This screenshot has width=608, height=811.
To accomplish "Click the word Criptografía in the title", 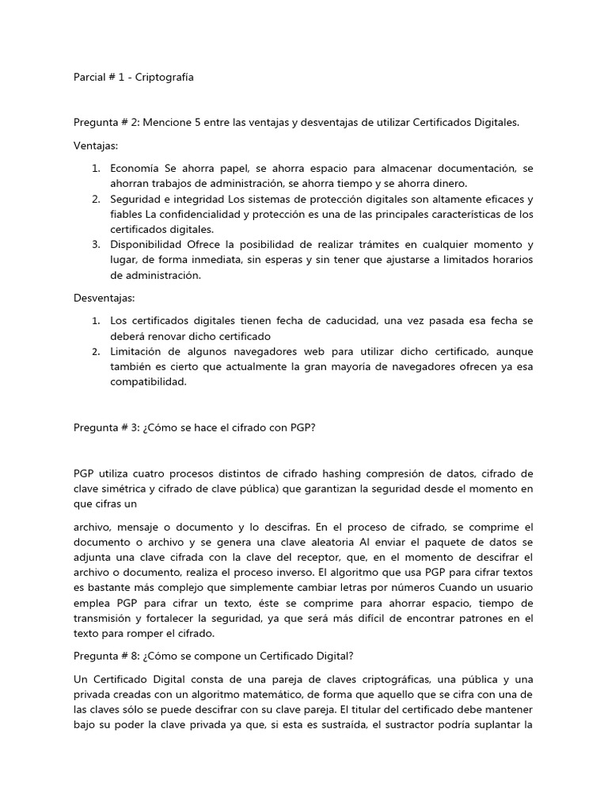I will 165,78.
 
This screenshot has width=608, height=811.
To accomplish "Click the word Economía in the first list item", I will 135,169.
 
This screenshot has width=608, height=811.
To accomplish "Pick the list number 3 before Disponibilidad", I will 95,244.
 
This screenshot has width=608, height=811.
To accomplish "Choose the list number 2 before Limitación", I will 95,351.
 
